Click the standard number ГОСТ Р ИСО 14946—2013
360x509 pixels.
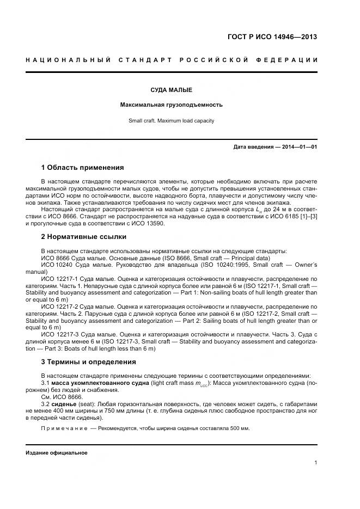click(272, 38)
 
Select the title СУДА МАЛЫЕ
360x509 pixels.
click(171, 89)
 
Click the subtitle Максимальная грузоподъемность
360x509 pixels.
click(171, 105)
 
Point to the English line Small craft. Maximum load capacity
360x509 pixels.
click(171, 120)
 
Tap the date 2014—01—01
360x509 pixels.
click(299, 147)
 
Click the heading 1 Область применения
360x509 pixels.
click(82, 167)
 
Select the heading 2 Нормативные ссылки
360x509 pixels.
click(83, 237)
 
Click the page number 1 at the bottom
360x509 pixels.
click(315, 463)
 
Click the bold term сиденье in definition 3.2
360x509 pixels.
click(64, 404)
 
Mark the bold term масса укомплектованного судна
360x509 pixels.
click(102, 383)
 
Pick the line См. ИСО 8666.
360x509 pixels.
click(61, 397)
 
